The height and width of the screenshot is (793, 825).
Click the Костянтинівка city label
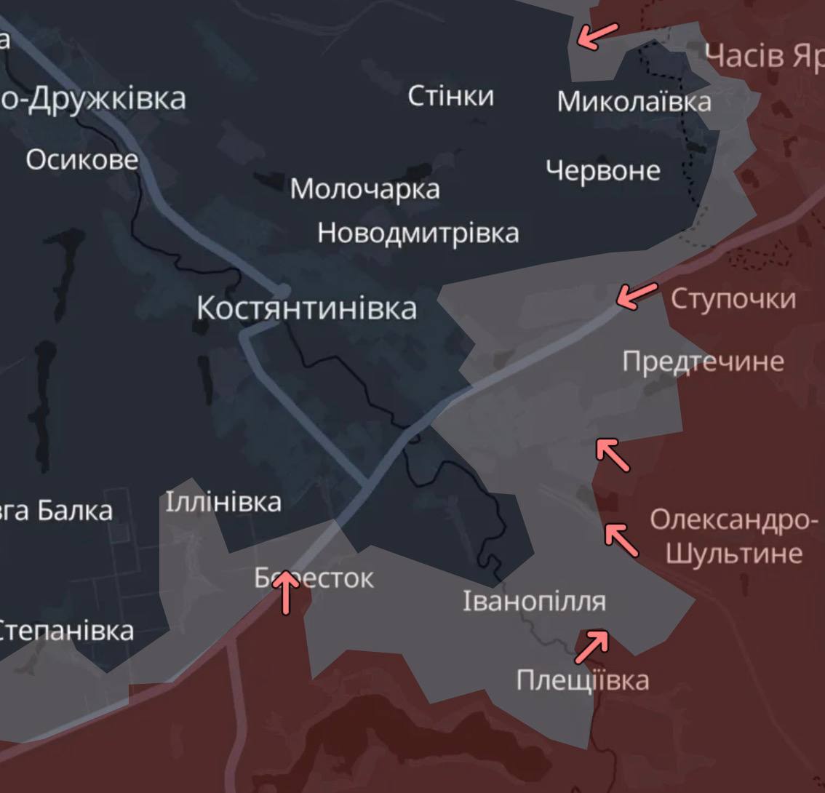point(306,308)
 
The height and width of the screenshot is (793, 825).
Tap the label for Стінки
point(450,96)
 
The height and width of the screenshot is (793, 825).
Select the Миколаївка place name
point(634,102)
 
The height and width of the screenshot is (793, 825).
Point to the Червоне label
point(603,171)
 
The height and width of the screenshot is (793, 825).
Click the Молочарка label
point(365,189)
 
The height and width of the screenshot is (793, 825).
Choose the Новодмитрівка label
point(418,234)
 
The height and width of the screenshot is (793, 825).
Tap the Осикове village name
point(81,159)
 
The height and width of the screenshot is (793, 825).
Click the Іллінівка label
point(223,502)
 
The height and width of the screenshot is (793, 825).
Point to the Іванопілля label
point(534,602)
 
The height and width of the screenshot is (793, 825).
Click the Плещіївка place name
point(583,681)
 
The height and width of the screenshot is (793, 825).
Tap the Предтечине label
point(703,362)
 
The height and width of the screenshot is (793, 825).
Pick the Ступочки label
point(733,299)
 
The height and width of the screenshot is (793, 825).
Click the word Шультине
point(733,554)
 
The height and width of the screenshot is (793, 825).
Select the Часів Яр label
point(764,56)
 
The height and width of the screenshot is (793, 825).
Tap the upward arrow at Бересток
point(287,591)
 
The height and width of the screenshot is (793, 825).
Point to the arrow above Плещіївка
point(591,647)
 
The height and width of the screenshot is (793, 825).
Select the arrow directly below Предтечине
point(613,454)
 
